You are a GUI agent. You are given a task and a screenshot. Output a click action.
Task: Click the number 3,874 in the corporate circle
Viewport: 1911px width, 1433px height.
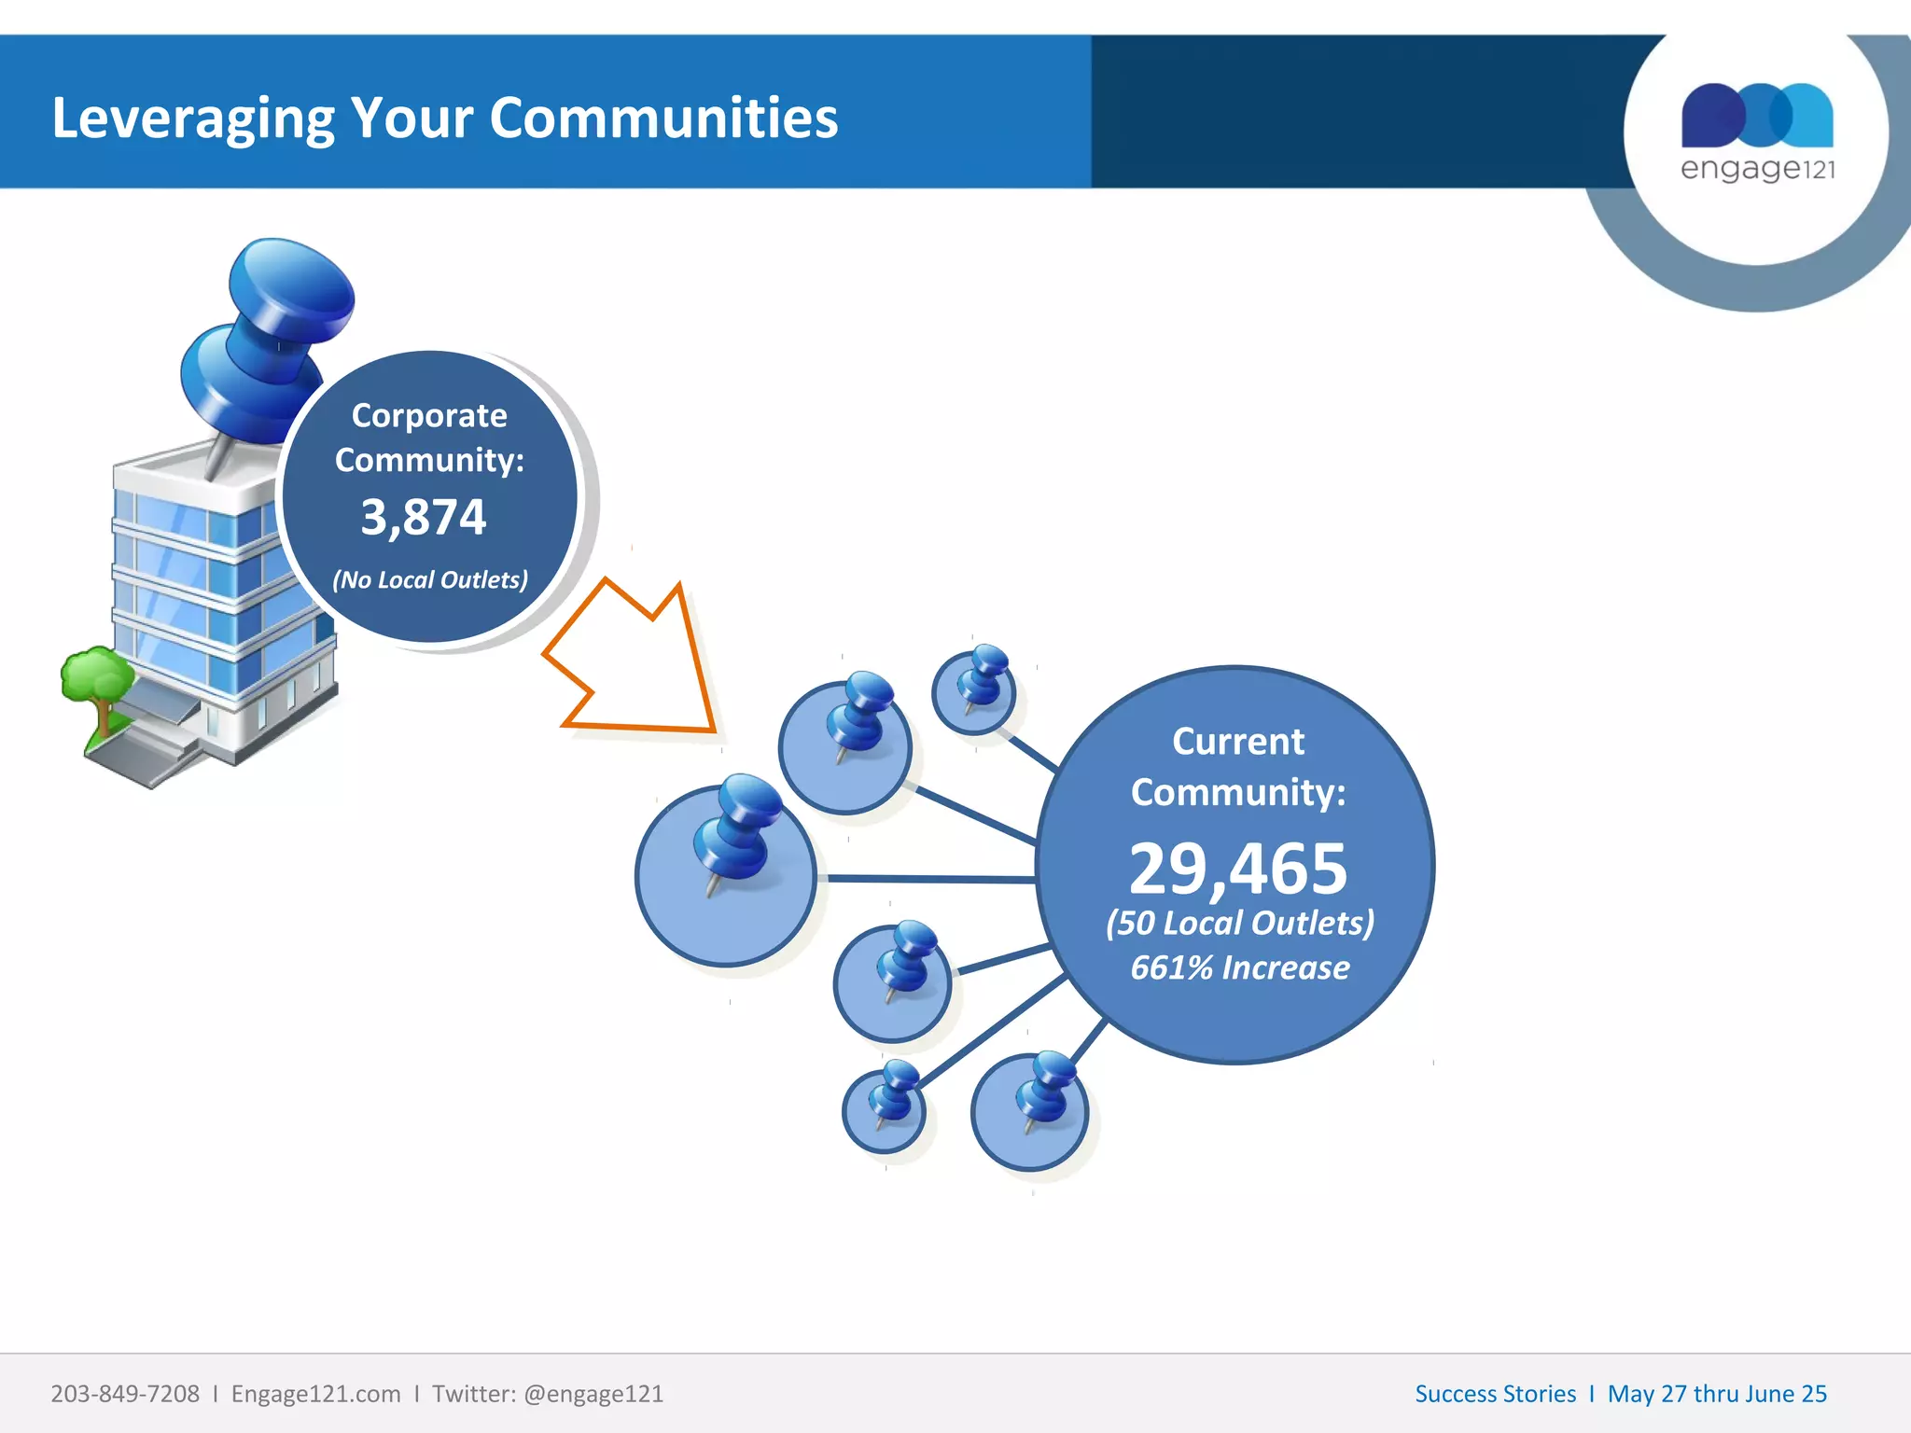click(x=424, y=517)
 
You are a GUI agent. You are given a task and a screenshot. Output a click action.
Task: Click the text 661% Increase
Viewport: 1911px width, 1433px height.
click(x=1239, y=968)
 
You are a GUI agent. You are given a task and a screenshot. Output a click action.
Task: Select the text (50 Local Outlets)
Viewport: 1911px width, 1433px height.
click(x=1239, y=923)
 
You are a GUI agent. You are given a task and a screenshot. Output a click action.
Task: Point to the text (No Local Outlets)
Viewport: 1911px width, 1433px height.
click(x=430, y=580)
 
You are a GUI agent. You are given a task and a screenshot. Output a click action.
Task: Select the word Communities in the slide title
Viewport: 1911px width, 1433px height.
click(x=663, y=118)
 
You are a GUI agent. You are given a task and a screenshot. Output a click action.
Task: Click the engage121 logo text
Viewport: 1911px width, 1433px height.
click(x=1757, y=169)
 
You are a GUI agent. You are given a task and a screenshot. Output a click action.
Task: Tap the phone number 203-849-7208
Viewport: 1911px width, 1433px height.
click(x=125, y=1394)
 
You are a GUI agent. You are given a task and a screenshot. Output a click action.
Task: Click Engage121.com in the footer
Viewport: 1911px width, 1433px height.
click(x=315, y=1394)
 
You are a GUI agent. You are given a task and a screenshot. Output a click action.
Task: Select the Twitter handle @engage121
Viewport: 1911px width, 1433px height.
click(x=593, y=1394)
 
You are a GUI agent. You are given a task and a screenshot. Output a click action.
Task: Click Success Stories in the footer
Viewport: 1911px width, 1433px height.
click(x=1495, y=1394)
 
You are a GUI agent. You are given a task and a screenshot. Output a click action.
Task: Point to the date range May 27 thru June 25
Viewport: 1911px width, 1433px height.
click(x=1717, y=1394)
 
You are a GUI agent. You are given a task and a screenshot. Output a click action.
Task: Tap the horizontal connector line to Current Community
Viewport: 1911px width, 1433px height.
click(x=928, y=879)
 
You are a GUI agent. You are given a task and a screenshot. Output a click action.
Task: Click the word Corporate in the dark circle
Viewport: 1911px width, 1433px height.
click(x=429, y=416)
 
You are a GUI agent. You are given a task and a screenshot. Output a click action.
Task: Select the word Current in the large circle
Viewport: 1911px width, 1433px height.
click(x=1238, y=742)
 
